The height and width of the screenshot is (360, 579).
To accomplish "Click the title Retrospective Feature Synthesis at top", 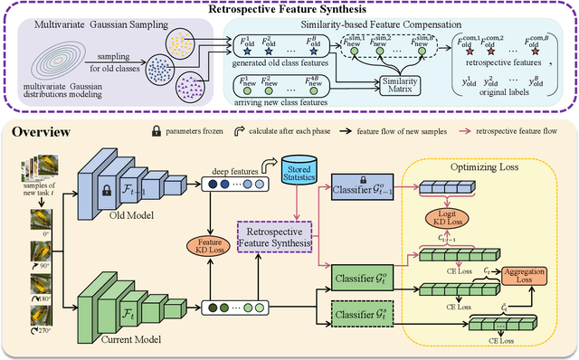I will pyautogui.click(x=289, y=10).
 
